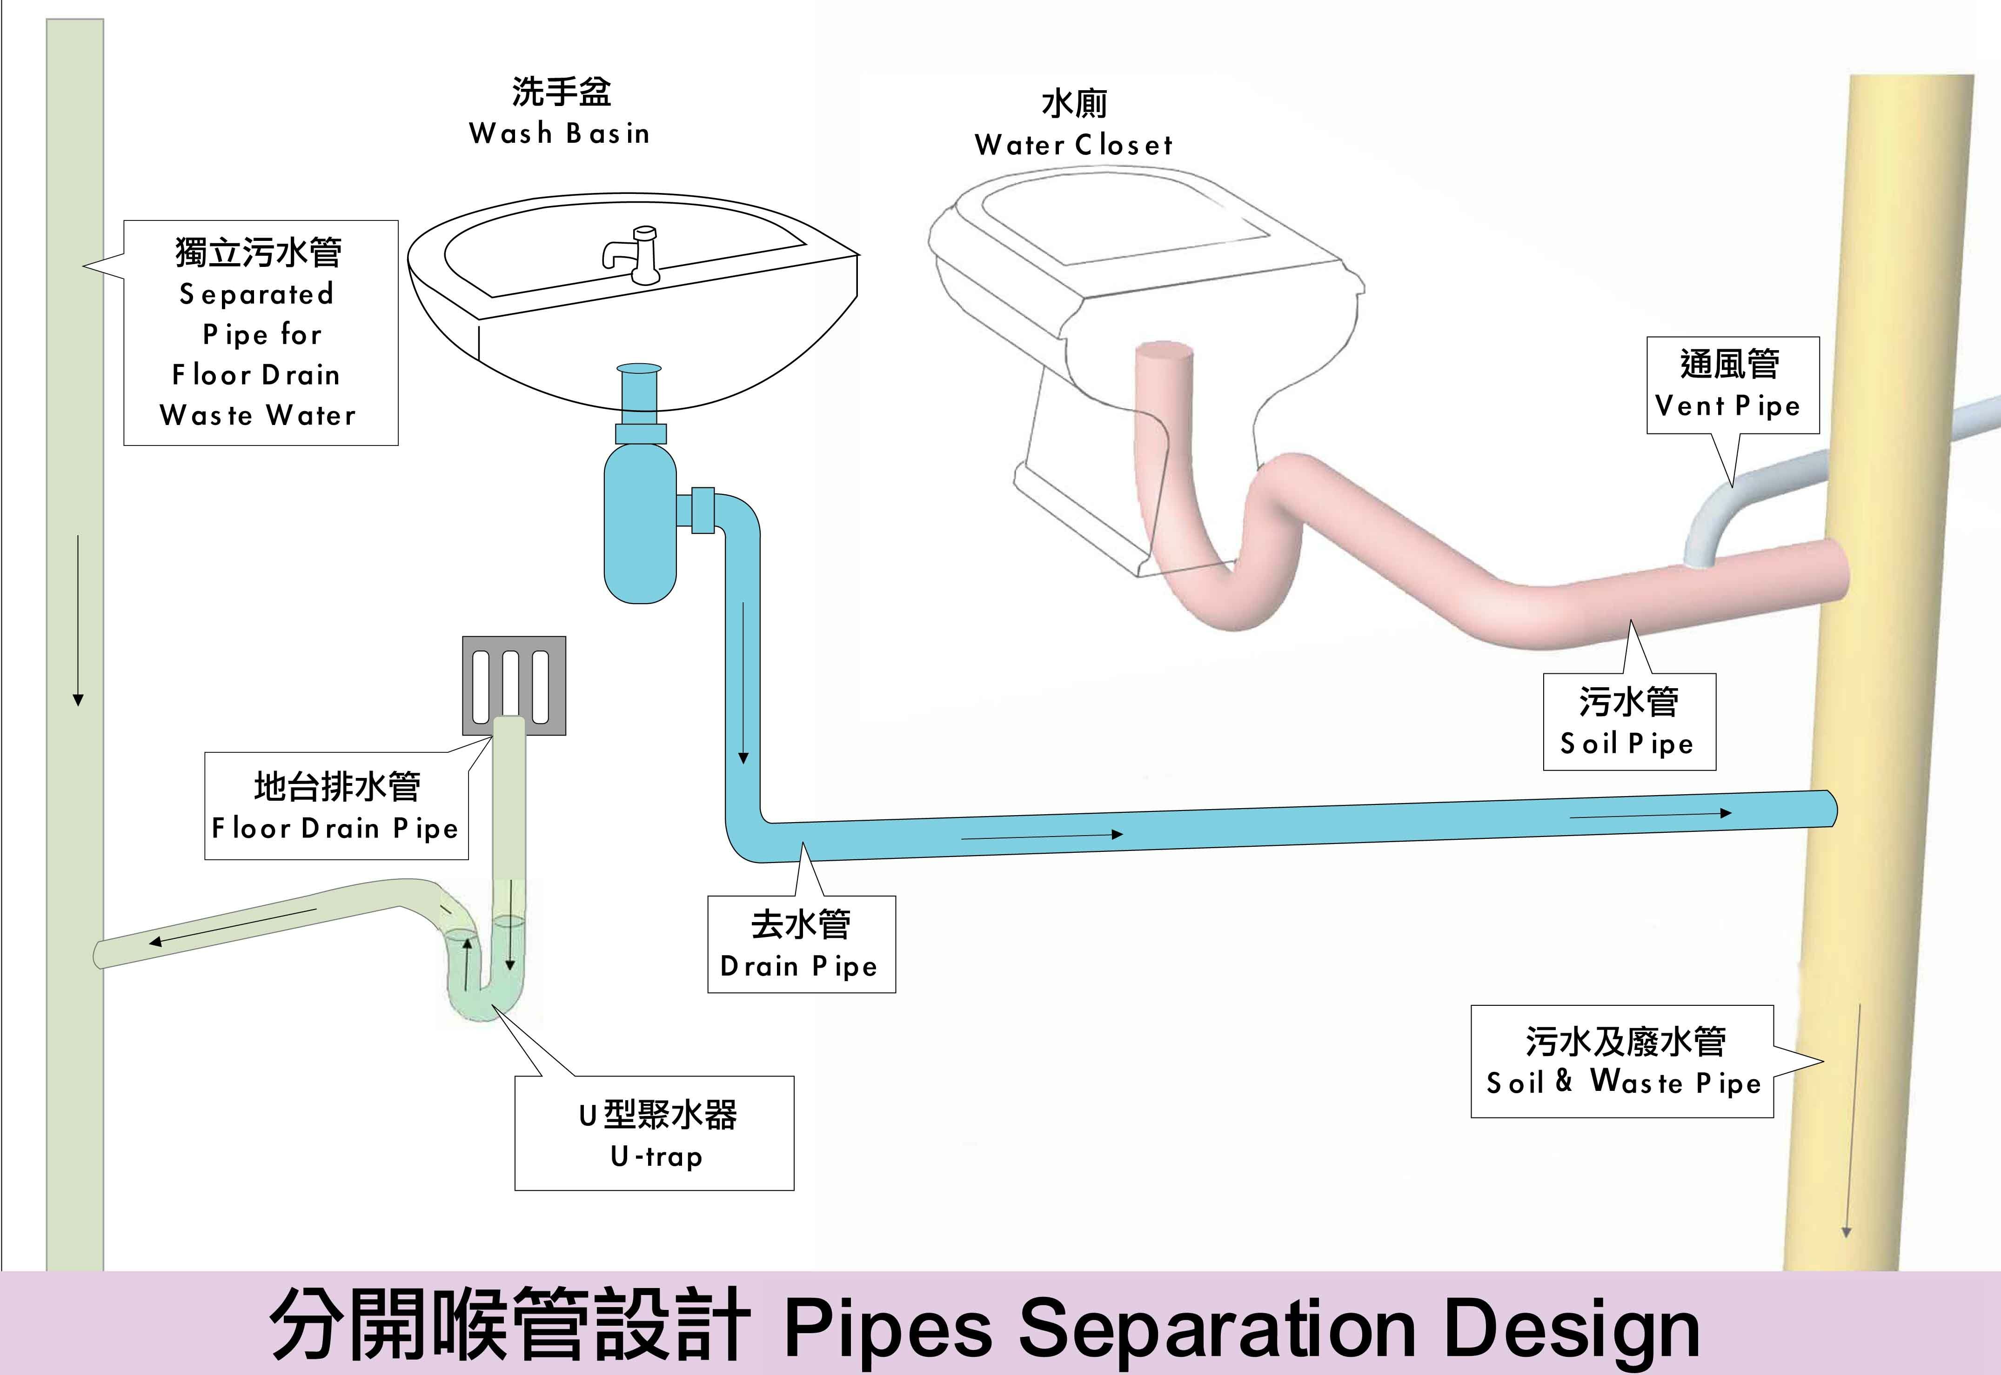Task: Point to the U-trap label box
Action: [x=654, y=1133]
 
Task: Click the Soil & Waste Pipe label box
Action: [x=1622, y=1062]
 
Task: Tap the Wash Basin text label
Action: [x=560, y=133]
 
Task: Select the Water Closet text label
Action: [x=1074, y=145]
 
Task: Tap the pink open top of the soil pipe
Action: [x=1164, y=353]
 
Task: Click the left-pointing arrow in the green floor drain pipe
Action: [x=233, y=927]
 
